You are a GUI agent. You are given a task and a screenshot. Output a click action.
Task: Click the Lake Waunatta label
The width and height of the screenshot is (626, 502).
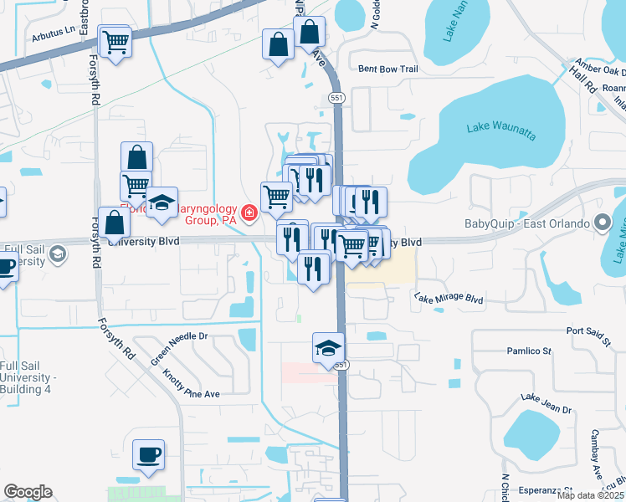pyautogui.click(x=500, y=126)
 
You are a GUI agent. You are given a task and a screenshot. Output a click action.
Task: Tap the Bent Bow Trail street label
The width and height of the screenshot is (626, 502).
pyautogui.click(x=387, y=69)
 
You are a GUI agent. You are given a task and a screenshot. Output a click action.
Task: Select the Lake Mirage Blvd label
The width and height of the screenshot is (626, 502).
pyautogui.click(x=449, y=298)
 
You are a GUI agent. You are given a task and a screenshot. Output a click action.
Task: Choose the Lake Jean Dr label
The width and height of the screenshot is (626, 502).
pyautogui.click(x=546, y=403)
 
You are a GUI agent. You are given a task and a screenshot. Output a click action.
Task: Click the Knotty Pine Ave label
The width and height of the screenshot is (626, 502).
pyautogui.click(x=191, y=382)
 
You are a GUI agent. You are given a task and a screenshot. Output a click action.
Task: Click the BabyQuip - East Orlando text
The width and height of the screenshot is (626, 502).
pyautogui.click(x=528, y=223)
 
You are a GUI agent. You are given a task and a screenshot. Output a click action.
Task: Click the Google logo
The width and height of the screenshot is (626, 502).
pyautogui.click(x=28, y=492)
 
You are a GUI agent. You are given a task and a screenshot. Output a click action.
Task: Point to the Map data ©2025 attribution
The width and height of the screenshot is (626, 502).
pyautogui.click(x=591, y=495)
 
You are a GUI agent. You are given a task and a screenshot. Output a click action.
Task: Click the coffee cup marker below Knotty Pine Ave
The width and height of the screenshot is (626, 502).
pyautogui.click(x=149, y=454)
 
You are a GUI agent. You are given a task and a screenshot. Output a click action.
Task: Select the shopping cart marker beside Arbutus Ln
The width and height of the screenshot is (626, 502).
pyautogui.click(x=115, y=42)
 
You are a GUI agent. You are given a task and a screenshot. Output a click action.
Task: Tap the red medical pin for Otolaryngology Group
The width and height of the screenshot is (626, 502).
pyautogui.click(x=248, y=214)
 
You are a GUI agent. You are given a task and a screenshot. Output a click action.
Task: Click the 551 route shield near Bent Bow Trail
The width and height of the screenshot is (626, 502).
pyautogui.click(x=336, y=98)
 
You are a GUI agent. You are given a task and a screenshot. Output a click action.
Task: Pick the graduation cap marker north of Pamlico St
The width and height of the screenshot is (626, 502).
pyautogui.click(x=328, y=348)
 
